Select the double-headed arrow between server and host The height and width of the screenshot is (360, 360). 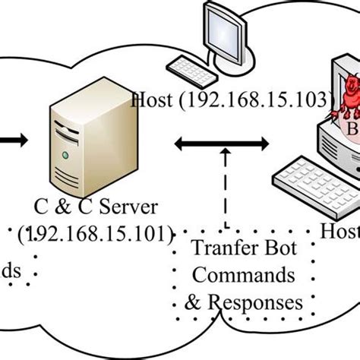click(222, 141)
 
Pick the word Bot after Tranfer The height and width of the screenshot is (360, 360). click(278, 248)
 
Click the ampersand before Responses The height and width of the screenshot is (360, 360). click(194, 302)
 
